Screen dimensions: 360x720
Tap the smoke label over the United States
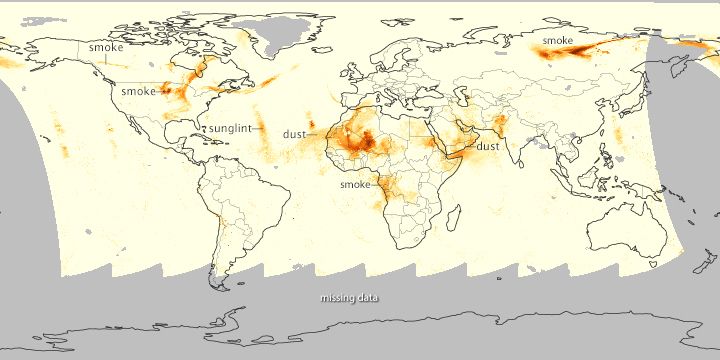click(138, 91)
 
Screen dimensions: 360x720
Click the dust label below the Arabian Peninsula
click(488, 146)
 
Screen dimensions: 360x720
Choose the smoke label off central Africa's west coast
click(355, 185)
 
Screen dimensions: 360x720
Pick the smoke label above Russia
click(557, 40)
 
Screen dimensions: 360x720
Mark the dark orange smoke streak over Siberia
click(580, 49)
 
